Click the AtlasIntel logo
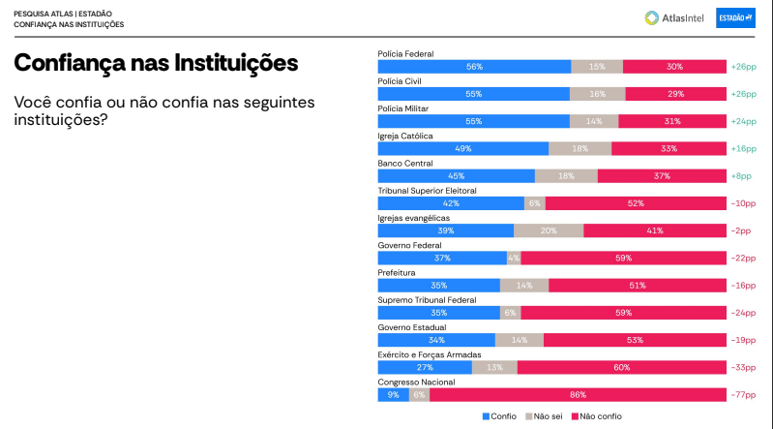pyautogui.click(x=675, y=17)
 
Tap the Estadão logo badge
pyautogui.click(x=735, y=17)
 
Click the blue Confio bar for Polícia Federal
pyautogui.click(x=474, y=67)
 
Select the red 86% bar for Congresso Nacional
pyautogui.click(x=578, y=394)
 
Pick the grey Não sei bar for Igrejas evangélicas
pyautogui.click(x=549, y=230)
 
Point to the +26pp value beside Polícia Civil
pyautogui.click(x=743, y=94)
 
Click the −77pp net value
pyautogui.click(x=743, y=394)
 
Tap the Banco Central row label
pyautogui.click(x=404, y=164)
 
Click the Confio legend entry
pyautogui.click(x=499, y=416)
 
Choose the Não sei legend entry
pyautogui.click(x=543, y=416)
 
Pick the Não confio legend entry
pyautogui.click(x=597, y=416)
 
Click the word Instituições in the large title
pyautogui.click(x=235, y=63)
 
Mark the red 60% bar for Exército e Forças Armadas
pyautogui.click(x=621, y=367)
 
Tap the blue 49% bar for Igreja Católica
pyautogui.click(x=462, y=148)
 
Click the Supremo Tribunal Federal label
pyautogui.click(x=427, y=300)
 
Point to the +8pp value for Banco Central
pyautogui.click(x=741, y=176)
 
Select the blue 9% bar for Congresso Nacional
pyautogui.click(x=393, y=394)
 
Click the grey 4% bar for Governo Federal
pyautogui.click(x=514, y=258)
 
